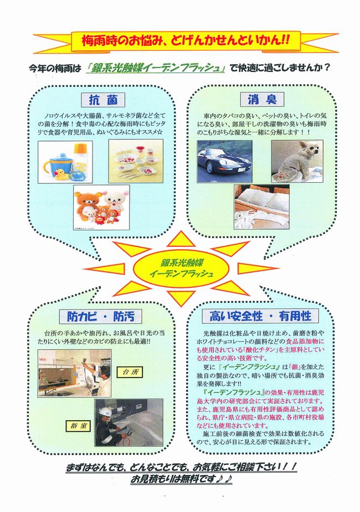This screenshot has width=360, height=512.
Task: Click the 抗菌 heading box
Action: [x=103, y=100]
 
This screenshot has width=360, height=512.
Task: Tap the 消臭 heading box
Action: [x=262, y=99]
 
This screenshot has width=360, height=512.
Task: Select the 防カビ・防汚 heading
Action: [x=101, y=316]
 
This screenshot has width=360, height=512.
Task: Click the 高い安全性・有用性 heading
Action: [x=260, y=316]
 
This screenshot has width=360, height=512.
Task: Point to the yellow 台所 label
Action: [x=130, y=371]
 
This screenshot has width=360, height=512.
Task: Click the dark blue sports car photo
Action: [x=224, y=162]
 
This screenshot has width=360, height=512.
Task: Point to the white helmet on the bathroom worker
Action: [x=104, y=412]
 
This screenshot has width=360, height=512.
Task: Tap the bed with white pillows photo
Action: [x=261, y=207]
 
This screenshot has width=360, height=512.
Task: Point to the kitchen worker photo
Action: [x=74, y=373]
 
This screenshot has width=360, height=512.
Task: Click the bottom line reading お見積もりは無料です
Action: [x=181, y=479]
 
